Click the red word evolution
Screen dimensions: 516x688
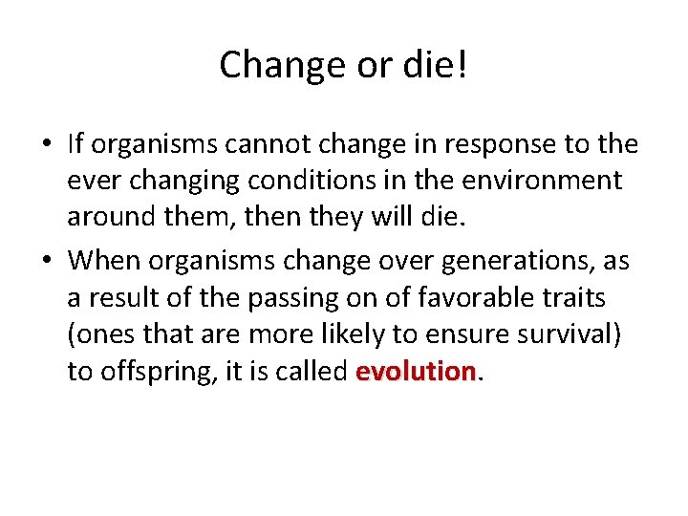[x=415, y=372]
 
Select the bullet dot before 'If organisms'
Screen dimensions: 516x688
[x=46, y=145]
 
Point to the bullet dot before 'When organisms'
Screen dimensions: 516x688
[x=46, y=260]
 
